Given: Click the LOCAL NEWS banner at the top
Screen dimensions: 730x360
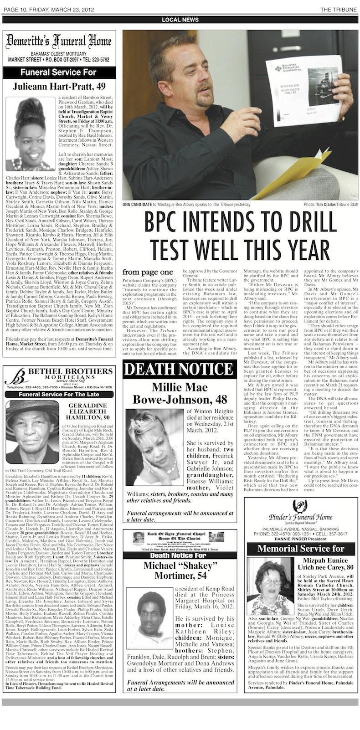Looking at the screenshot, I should coord(180,20).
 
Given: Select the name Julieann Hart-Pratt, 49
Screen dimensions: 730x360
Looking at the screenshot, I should coord(59,86).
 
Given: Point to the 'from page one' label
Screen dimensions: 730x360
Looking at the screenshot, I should coord(141,272).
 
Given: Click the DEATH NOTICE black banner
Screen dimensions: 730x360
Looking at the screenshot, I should coord(179,369).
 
